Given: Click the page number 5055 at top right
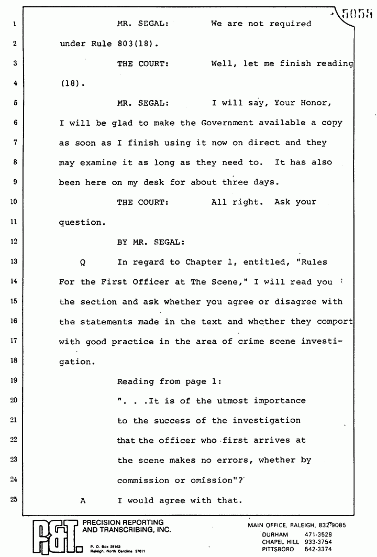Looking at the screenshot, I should (357, 13).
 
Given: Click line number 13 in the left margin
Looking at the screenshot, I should (14, 261).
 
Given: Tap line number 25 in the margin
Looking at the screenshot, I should (14, 499).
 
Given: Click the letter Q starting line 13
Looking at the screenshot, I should (82, 262).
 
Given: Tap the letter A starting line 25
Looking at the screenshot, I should (82, 500).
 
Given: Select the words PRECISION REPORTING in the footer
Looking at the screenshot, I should (120, 522).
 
